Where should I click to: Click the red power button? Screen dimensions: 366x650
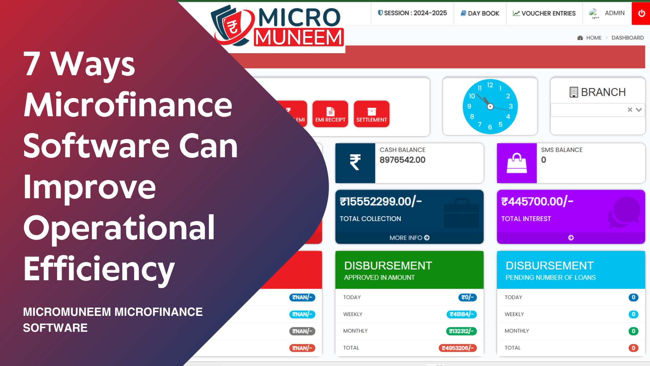click(x=641, y=13)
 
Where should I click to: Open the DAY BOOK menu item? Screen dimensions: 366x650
click(x=480, y=13)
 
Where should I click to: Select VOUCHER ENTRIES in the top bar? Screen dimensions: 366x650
click(x=544, y=13)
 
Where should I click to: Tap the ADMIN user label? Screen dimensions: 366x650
click(x=614, y=13)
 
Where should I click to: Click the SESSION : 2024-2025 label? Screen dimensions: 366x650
click(x=412, y=13)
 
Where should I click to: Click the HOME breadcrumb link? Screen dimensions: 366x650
click(x=593, y=38)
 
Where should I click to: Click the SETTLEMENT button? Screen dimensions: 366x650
click(x=371, y=114)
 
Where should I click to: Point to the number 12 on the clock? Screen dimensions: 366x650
click(x=490, y=85)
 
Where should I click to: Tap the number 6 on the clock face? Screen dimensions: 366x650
click(x=490, y=127)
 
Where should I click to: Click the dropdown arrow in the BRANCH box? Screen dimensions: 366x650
click(x=639, y=110)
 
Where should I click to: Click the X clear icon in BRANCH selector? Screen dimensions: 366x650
click(x=630, y=110)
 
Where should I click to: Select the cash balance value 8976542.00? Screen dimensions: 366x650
click(x=402, y=160)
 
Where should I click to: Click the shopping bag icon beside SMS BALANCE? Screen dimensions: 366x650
click(x=517, y=163)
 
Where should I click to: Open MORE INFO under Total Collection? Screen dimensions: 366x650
click(x=409, y=238)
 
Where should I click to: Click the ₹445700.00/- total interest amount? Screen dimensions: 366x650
click(x=537, y=202)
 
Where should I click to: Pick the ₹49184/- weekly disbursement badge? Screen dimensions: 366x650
click(x=461, y=314)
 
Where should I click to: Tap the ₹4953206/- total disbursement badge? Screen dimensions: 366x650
click(x=457, y=348)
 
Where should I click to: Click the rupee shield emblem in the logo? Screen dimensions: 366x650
click(x=232, y=26)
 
